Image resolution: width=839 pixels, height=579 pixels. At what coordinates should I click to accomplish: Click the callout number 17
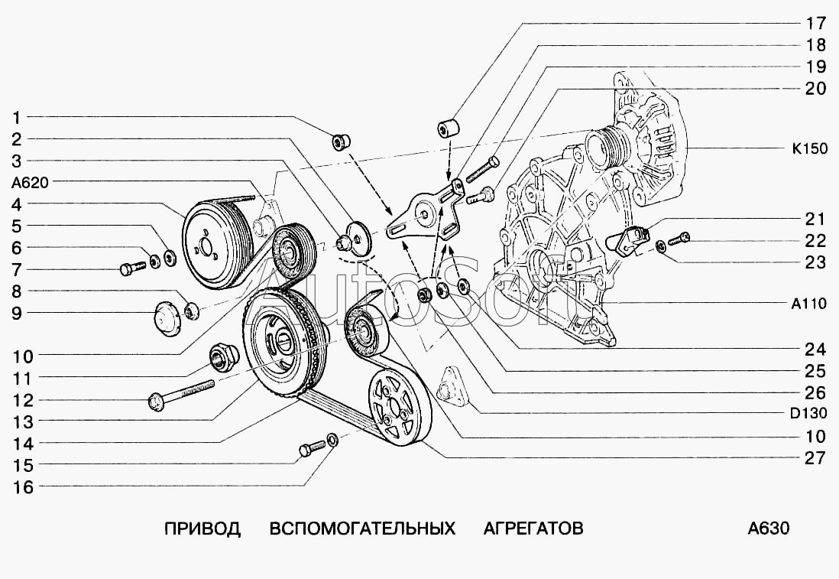pos(815,22)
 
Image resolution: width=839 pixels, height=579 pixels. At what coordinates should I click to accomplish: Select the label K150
pos(809,149)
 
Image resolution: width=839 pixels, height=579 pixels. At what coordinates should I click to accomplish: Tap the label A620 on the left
pos(30,182)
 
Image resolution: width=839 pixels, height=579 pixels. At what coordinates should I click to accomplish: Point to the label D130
pos(808,415)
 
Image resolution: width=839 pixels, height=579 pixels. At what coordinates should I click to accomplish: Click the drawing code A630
pos(768,529)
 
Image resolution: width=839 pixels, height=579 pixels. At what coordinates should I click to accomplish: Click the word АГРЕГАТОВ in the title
pos(533,529)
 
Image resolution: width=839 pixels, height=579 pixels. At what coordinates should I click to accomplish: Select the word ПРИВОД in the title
pos(202,529)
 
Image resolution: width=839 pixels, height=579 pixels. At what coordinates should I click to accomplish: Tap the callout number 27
pos(815,458)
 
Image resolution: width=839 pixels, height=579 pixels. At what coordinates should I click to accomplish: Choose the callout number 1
pos(17,117)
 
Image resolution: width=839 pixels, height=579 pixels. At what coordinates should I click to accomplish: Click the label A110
pos(808,304)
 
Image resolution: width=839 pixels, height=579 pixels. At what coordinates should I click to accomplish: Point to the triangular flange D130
pos(452,387)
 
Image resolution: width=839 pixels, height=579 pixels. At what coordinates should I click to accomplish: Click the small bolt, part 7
pos(131,268)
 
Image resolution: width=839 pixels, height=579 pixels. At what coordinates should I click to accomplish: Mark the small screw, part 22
pos(679,239)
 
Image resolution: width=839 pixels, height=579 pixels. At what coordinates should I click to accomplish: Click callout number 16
pos(24,487)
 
